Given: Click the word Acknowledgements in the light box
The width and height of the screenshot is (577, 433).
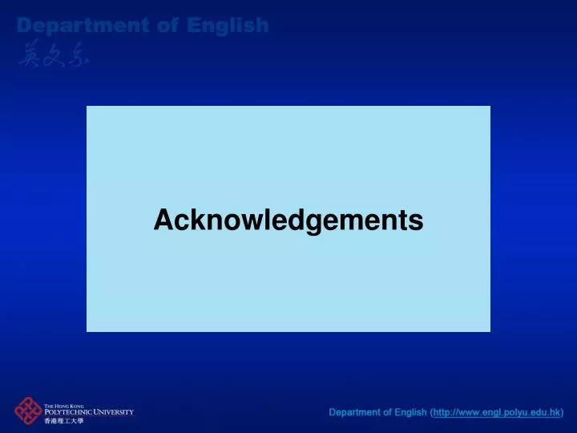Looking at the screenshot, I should click(x=288, y=219).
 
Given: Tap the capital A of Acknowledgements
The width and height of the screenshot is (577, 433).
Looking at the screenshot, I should click(x=163, y=219).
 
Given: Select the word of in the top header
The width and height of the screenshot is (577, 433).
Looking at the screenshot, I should click(x=168, y=26).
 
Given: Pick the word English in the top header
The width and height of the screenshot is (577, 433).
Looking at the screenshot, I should click(x=228, y=26).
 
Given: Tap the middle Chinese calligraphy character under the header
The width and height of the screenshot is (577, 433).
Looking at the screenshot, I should click(x=53, y=53).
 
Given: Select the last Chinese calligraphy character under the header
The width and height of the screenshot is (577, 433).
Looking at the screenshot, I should click(x=77, y=53).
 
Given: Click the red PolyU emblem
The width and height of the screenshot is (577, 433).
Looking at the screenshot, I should click(x=28, y=412).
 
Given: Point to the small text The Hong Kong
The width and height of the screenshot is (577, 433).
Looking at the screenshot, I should click(x=65, y=406).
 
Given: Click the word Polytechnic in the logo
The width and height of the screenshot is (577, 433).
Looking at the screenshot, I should click(x=72, y=412).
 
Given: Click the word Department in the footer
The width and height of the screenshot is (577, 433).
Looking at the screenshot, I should click(x=353, y=413).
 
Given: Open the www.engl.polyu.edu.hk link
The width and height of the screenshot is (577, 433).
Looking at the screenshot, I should click(x=497, y=413).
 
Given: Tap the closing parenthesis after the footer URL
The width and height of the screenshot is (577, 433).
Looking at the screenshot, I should click(x=563, y=413).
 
